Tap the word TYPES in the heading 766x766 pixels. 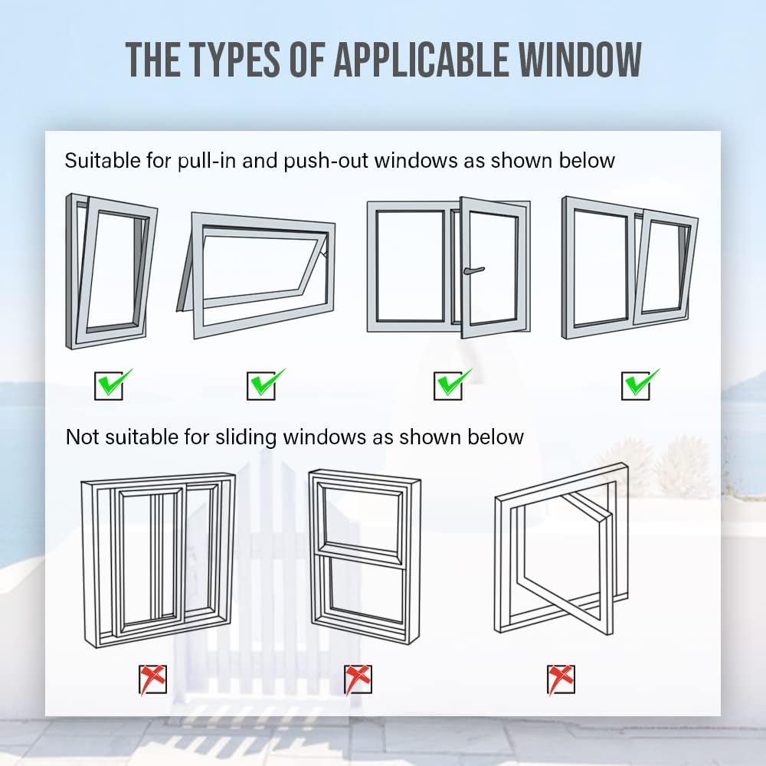(229, 58)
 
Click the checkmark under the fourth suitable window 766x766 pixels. (637, 384)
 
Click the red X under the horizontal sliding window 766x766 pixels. (152, 679)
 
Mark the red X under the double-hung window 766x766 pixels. (358, 679)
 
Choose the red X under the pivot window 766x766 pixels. (561, 679)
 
